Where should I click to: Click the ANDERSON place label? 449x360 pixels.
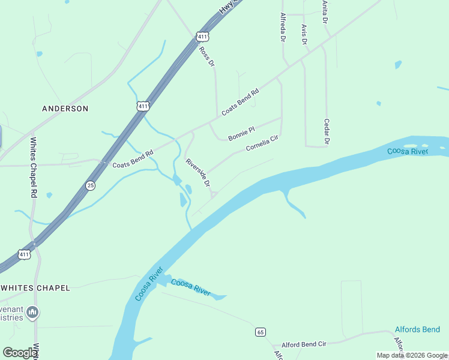point(65,109)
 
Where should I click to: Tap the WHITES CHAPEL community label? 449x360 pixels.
point(35,288)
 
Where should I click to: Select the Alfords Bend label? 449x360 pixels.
point(417,329)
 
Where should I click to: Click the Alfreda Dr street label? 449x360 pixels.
point(282,27)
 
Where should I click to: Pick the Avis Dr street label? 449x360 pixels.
point(304,34)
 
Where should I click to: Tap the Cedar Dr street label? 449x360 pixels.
point(327,131)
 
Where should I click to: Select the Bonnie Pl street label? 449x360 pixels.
point(242,133)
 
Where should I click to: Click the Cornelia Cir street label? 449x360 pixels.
point(262,143)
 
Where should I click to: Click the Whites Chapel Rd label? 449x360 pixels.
point(34,168)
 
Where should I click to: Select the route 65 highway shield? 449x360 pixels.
point(260,332)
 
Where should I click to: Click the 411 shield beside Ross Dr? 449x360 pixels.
point(202,37)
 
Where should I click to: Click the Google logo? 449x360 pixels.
point(19,353)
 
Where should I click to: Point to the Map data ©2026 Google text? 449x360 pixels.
point(412,355)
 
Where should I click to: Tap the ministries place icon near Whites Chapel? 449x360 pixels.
point(33,312)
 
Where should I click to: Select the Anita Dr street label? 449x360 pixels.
point(324,12)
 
